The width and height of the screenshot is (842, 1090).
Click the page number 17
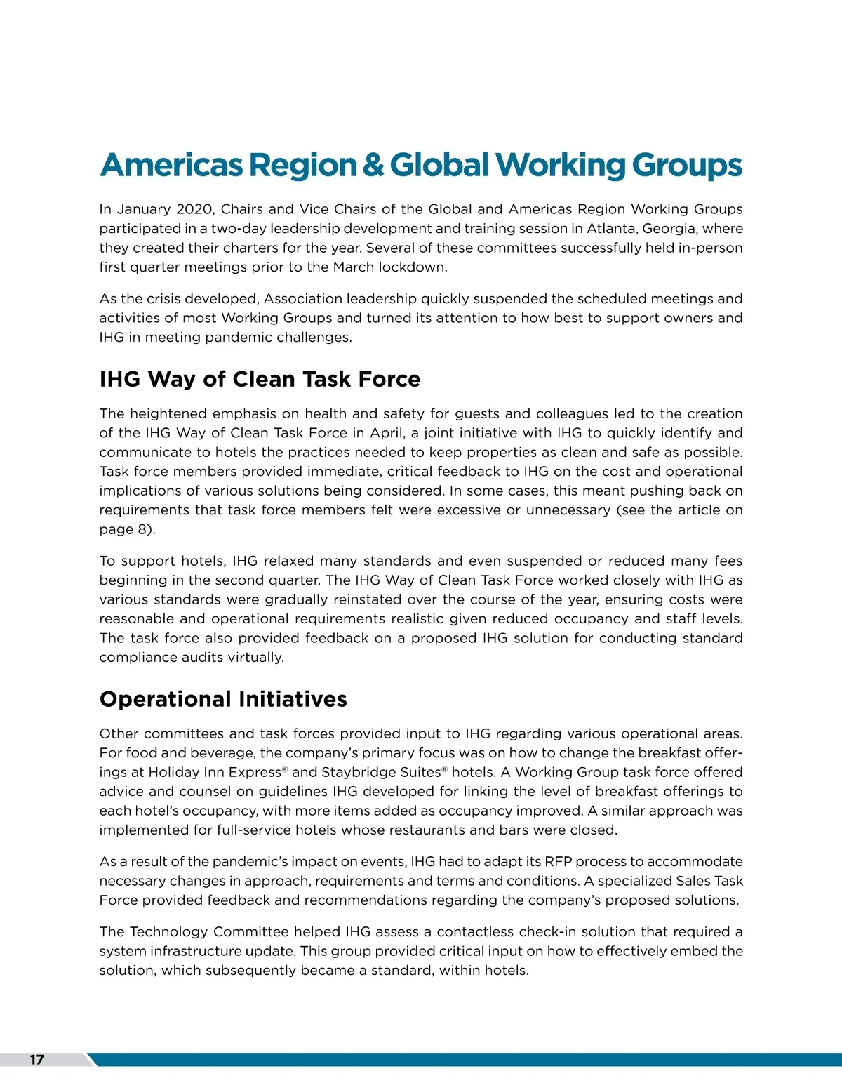tap(36, 1060)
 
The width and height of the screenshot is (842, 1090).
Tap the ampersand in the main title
tap(373, 165)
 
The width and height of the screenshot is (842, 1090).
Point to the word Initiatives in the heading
tap(293, 699)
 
